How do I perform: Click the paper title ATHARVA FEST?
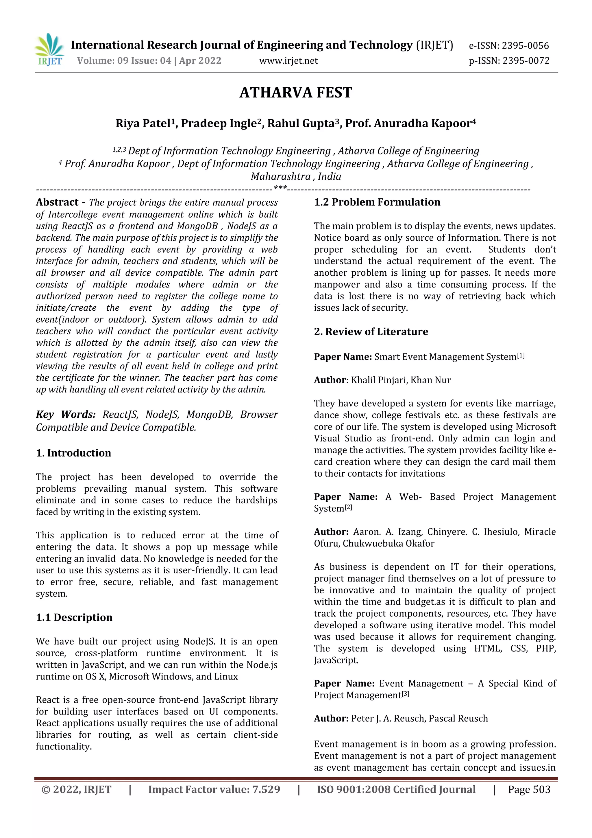(295, 93)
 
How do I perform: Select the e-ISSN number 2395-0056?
(525, 46)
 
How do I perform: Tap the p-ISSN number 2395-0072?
(526, 60)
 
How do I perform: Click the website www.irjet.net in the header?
(288, 60)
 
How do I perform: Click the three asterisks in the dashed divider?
(280, 188)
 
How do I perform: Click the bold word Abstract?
(57, 202)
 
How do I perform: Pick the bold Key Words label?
(66, 415)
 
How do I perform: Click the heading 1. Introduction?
(73, 453)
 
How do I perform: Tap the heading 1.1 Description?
(74, 618)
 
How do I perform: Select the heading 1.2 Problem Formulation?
(377, 202)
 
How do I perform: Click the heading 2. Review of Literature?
(371, 332)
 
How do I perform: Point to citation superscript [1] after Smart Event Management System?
(521, 355)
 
